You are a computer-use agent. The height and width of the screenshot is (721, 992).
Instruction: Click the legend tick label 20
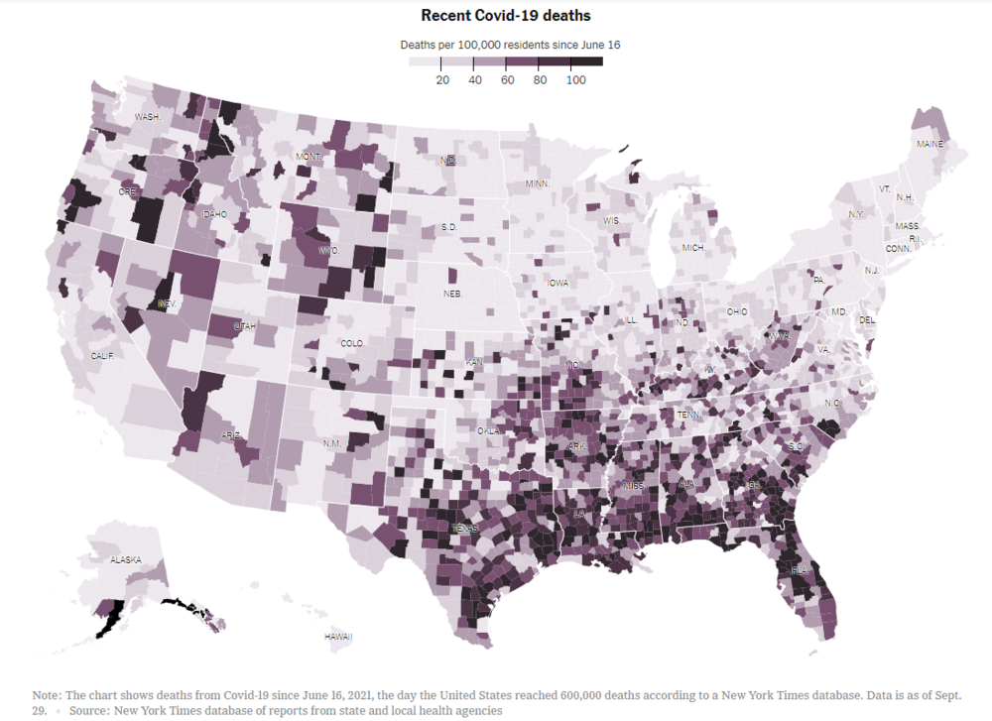[442, 80]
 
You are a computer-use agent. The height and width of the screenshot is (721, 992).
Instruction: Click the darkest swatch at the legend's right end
[592, 62]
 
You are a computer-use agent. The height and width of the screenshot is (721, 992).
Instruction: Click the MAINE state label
[930, 144]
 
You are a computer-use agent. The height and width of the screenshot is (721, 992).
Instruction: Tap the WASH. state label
[148, 117]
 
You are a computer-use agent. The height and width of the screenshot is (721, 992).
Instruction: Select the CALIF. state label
[103, 355]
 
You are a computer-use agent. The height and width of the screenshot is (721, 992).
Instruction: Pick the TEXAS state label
[465, 529]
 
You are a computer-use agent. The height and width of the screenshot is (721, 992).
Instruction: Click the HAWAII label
[338, 636]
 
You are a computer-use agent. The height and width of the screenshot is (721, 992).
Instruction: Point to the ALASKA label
[126, 559]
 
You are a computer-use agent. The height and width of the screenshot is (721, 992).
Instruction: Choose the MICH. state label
[691, 247]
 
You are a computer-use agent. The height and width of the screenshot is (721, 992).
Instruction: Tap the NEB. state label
[453, 294]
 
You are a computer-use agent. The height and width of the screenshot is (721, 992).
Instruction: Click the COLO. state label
[352, 343]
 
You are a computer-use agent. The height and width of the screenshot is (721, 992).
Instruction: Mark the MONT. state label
[309, 157]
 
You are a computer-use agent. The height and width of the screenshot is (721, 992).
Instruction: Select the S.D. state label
[448, 227]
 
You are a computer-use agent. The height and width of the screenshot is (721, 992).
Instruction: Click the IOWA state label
[558, 283]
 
